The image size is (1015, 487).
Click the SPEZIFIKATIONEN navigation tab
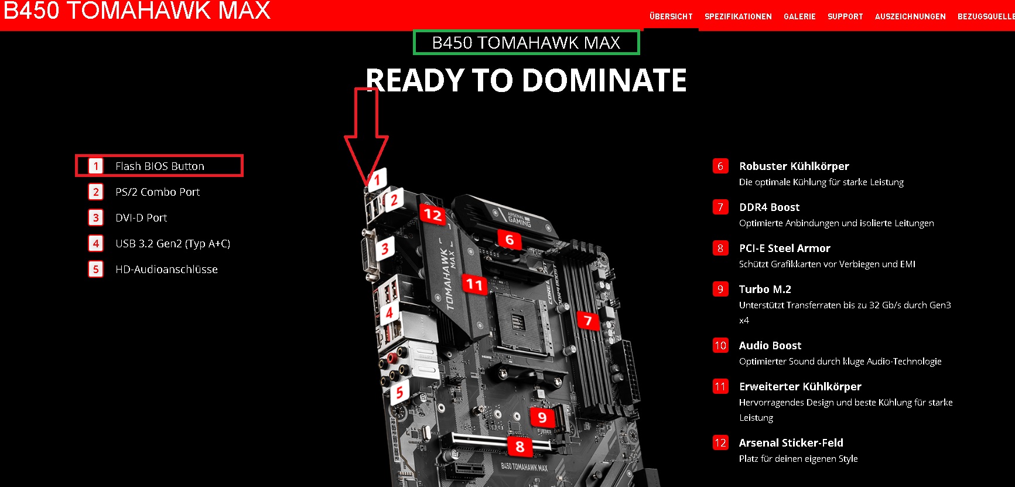click(738, 16)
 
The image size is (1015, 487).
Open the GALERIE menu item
click(799, 16)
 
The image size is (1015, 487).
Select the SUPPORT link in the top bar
click(845, 16)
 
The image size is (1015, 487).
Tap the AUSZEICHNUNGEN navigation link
click(910, 16)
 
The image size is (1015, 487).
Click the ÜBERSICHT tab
click(671, 16)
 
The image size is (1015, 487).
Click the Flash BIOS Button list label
click(160, 166)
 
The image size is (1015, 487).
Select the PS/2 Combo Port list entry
click(158, 192)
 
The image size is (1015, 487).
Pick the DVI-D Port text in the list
click(141, 218)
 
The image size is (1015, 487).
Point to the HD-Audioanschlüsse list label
click(166, 270)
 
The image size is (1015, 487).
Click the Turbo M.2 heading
click(765, 289)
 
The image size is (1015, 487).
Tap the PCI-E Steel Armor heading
click(785, 248)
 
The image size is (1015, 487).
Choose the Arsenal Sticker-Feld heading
click(791, 442)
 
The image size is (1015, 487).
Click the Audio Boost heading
click(770, 345)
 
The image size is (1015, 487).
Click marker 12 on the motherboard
click(433, 214)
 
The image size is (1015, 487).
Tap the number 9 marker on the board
click(542, 417)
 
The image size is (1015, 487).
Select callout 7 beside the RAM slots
click(588, 320)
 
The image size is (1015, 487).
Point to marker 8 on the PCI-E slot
click(520, 447)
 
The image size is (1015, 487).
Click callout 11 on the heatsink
click(474, 285)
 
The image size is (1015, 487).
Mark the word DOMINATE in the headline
click(604, 80)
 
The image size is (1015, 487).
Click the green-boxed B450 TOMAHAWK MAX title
click(526, 42)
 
